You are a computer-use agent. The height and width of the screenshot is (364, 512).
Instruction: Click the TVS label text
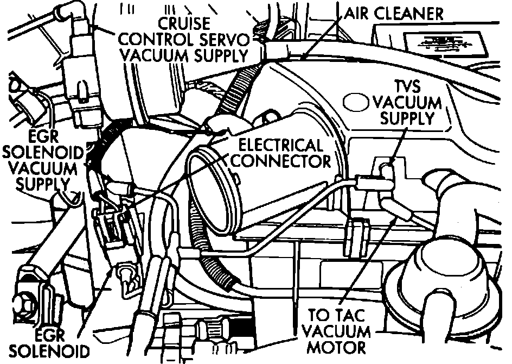point(407,86)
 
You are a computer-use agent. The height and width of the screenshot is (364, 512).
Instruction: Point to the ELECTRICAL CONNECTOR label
point(284,153)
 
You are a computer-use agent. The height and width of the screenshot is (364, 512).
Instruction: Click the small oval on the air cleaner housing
point(356,102)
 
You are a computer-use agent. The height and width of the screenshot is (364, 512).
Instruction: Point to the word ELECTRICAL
point(281,146)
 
